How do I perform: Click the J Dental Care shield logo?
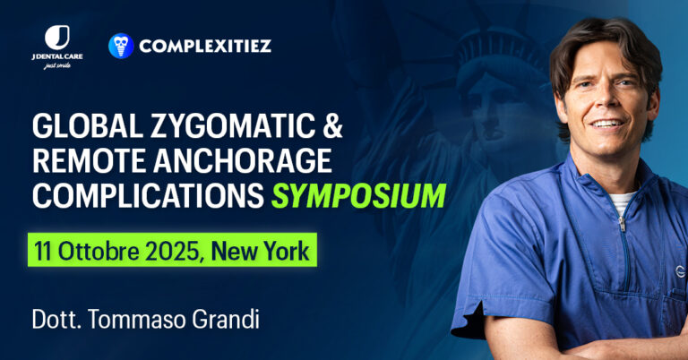56,38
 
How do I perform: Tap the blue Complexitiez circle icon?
121,46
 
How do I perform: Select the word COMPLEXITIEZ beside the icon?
205,45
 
